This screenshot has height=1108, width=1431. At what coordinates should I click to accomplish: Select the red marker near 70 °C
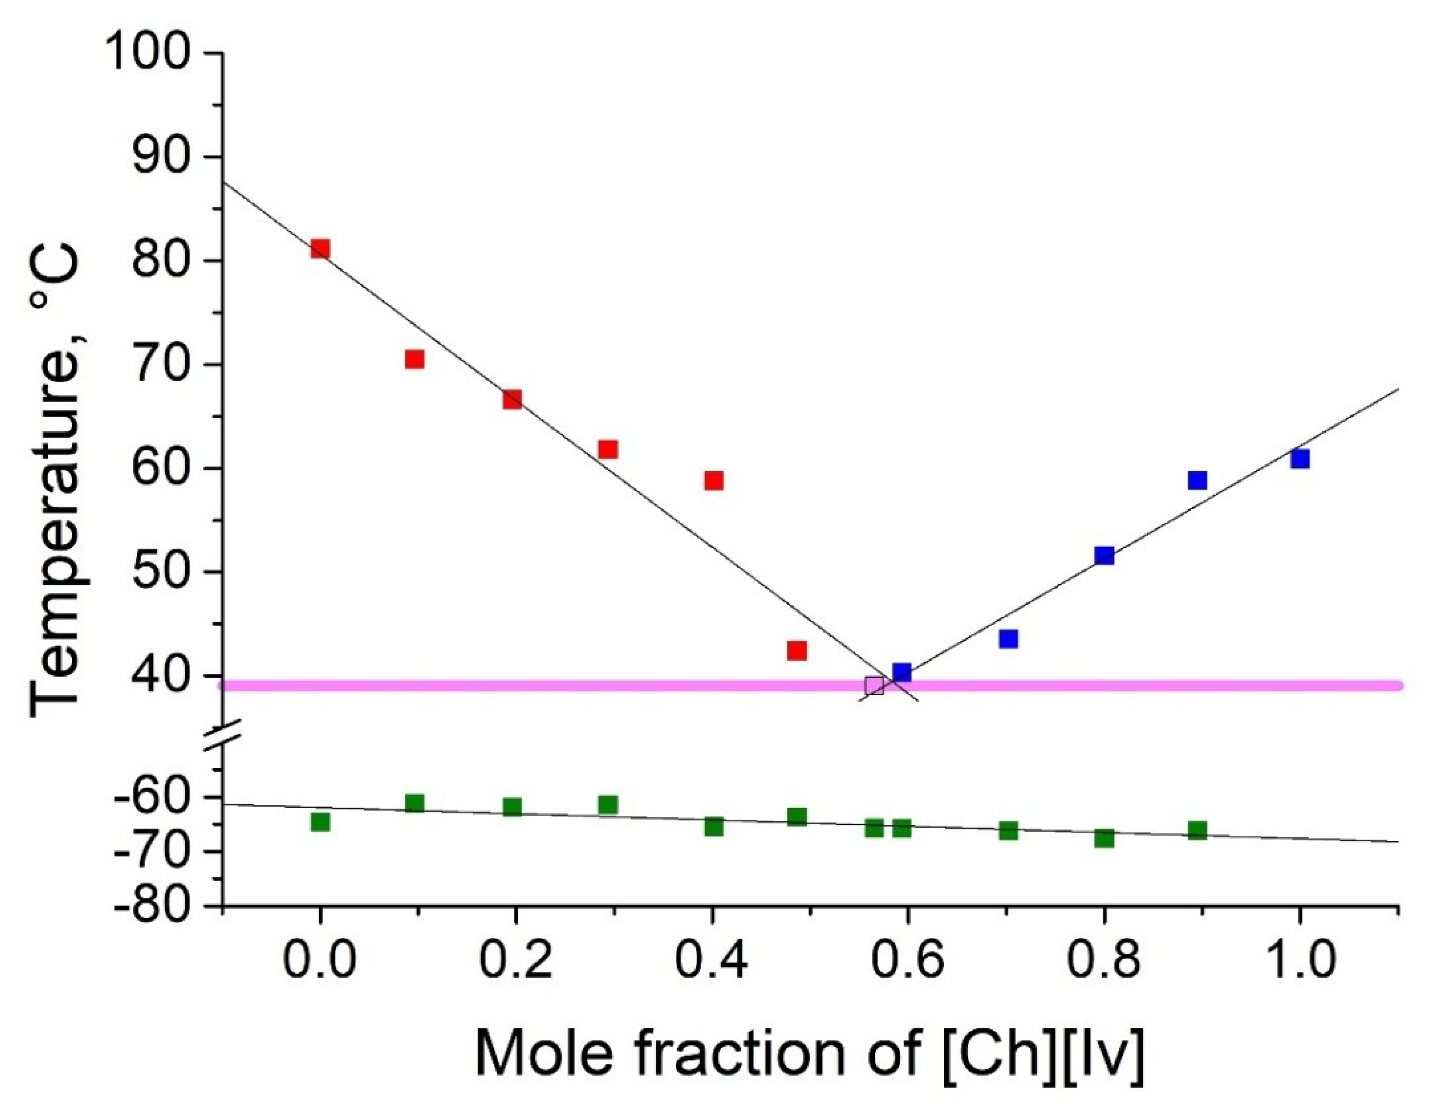414,359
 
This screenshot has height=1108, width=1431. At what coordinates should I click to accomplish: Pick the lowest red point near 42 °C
797,650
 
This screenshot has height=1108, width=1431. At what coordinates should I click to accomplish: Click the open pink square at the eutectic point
874,686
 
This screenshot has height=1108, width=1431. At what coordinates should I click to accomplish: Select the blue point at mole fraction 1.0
1300,458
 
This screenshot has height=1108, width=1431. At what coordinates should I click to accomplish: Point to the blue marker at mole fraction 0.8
1104,555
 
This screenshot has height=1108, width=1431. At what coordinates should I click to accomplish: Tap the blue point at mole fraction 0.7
1008,638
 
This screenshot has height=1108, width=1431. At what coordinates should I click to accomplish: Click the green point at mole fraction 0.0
320,822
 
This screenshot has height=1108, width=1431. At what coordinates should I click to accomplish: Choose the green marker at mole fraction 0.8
1104,838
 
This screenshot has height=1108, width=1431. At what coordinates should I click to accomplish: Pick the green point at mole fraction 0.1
414,803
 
